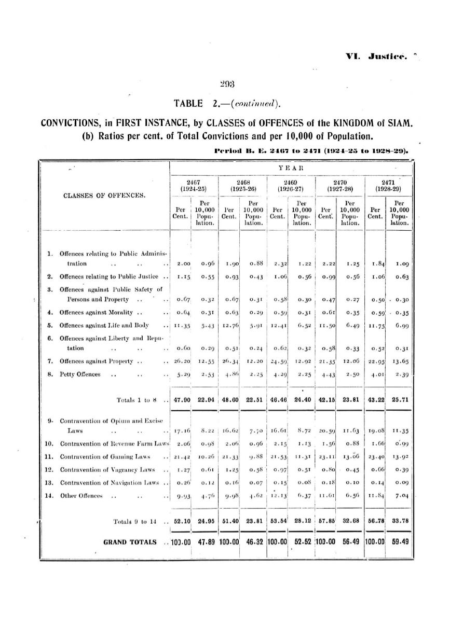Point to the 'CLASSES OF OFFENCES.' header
(106, 196)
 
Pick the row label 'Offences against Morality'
(95, 312)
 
